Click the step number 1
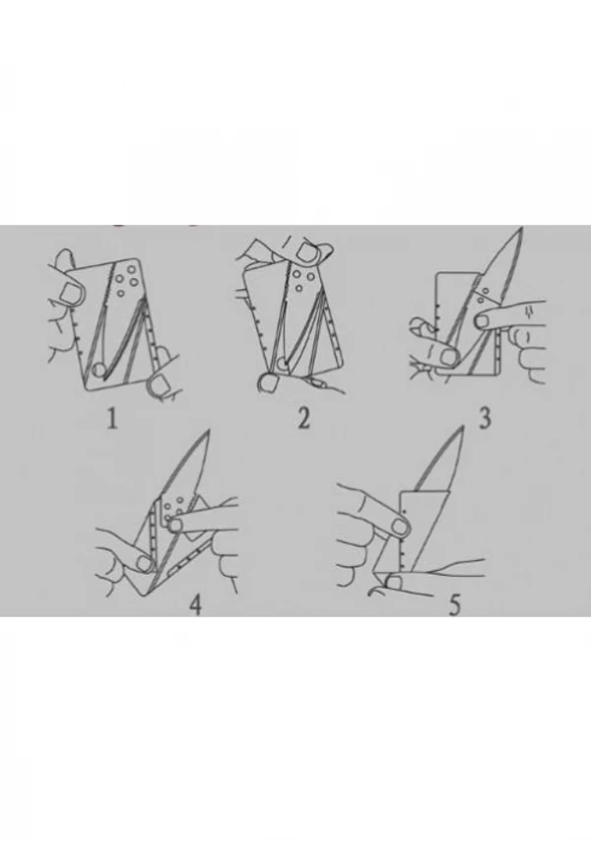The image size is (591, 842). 112,419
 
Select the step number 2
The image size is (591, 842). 303,419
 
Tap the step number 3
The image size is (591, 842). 485,418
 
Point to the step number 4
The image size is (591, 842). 196,605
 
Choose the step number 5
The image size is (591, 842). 454,605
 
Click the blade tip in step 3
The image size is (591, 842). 522,228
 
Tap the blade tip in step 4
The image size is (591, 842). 209,431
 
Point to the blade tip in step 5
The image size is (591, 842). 462,426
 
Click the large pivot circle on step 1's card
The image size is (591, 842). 99,370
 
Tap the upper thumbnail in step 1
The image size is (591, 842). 70,293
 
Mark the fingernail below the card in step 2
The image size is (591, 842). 267,384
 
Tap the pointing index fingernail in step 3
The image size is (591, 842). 484,320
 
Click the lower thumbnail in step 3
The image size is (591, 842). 448,355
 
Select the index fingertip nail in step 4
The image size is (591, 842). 174,526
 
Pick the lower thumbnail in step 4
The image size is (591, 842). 143,563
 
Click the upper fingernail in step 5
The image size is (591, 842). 400,526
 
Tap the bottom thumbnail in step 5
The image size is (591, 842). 396,581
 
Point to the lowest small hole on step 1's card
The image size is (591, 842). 121,292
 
